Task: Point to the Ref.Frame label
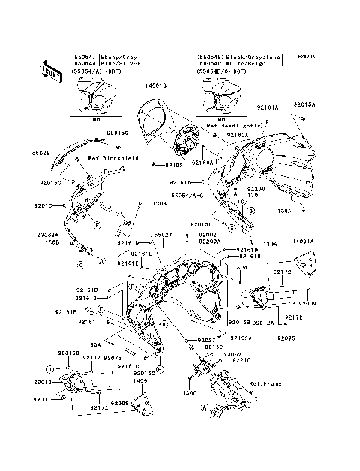point(265,383)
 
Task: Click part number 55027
point(163,235)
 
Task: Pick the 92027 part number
point(206,340)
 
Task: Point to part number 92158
point(173,163)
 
